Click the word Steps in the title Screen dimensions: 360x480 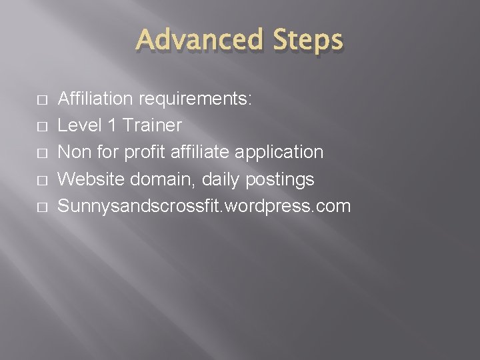[x=306, y=41]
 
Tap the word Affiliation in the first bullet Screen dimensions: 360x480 [x=95, y=99]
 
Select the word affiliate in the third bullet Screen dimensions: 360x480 [x=200, y=152]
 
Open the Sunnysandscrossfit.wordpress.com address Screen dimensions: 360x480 [x=204, y=206]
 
